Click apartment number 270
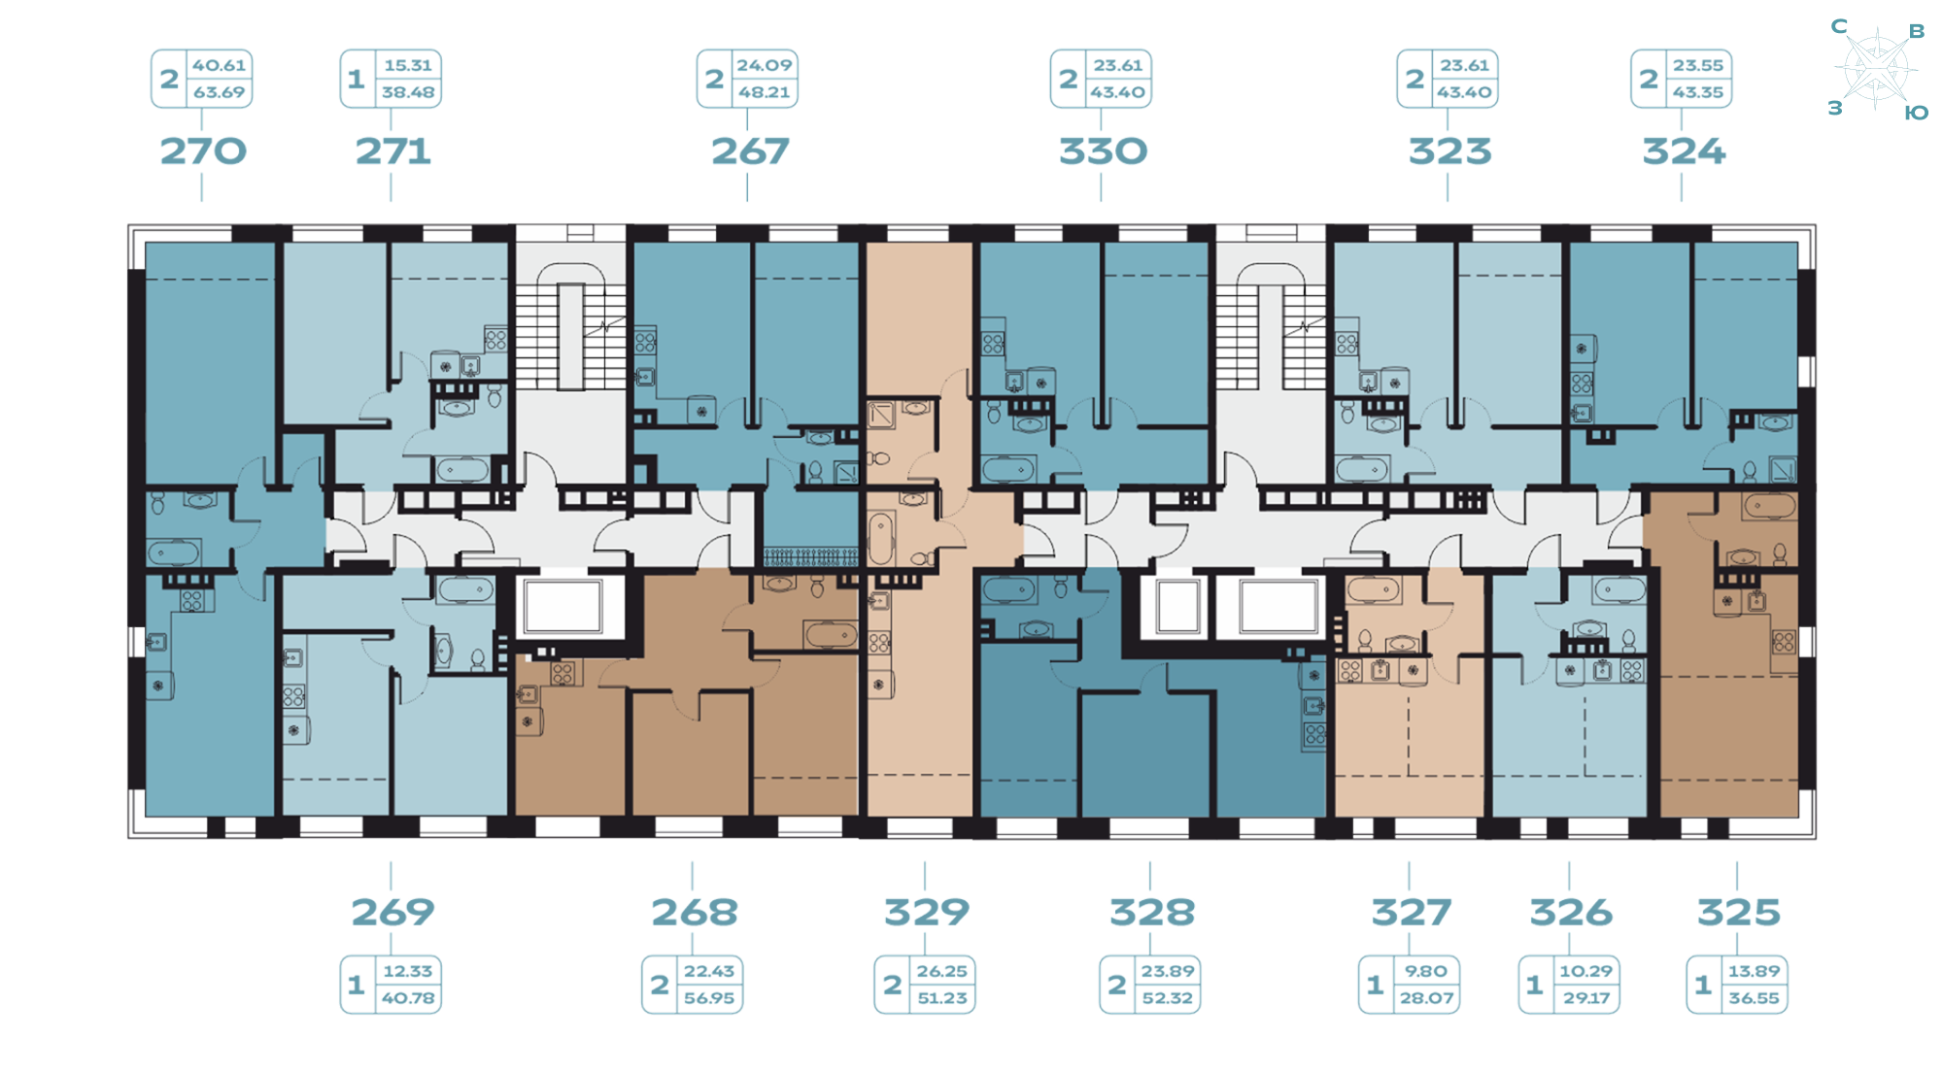(x=203, y=151)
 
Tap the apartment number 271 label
(x=392, y=151)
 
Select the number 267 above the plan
(x=750, y=151)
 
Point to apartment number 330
(x=1103, y=151)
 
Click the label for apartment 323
(x=1449, y=151)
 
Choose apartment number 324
(x=1684, y=151)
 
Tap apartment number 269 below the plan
(x=392, y=912)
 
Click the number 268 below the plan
(x=695, y=912)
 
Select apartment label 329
(x=926, y=912)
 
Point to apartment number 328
(x=1152, y=912)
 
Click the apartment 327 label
(x=1411, y=912)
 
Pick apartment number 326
(x=1571, y=912)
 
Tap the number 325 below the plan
(x=1738, y=912)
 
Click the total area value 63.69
(x=219, y=92)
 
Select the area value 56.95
(x=709, y=998)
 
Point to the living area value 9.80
(x=1425, y=971)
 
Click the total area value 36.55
(x=1754, y=998)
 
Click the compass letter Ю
(x=1916, y=114)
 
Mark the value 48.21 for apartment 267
(x=764, y=92)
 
